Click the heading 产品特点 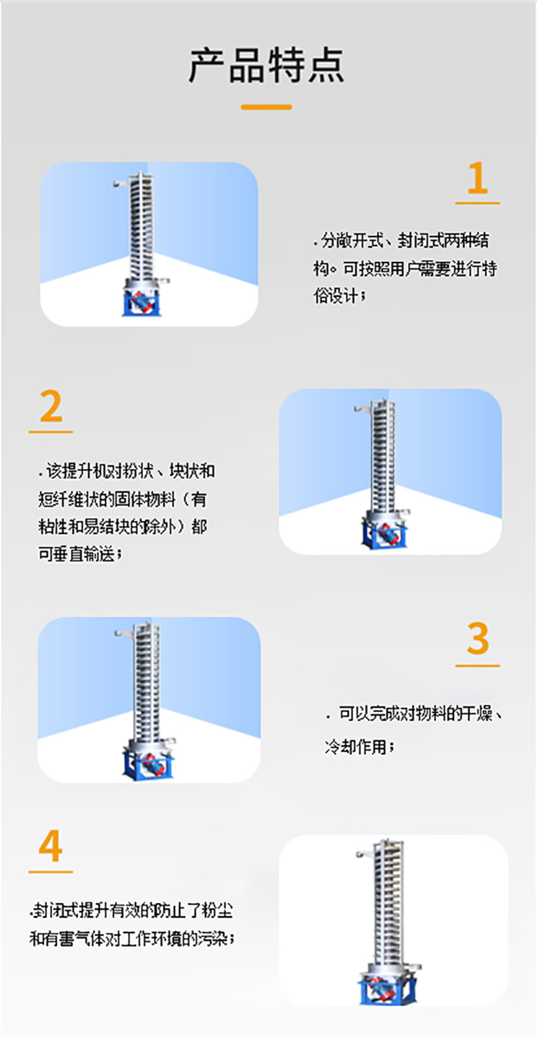pos(266,66)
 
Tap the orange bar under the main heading pos(266,107)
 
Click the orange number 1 pos(477,179)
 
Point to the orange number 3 pos(477,639)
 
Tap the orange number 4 pos(51,847)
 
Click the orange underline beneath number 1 pos(477,203)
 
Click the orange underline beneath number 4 pos(51,872)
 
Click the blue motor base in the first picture pos(143,303)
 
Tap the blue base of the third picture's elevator pos(148,763)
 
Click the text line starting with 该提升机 pos(127,471)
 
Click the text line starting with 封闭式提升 pos(132,912)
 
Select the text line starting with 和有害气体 pos(132,938)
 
